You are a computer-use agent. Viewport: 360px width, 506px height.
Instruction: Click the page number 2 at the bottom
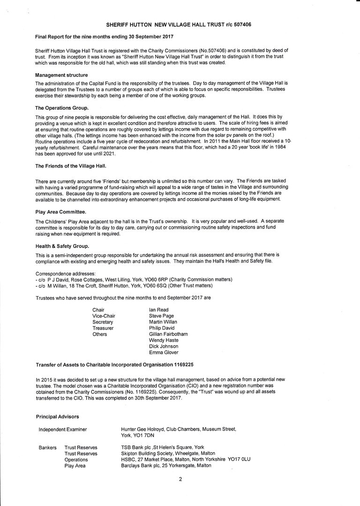[180, 479]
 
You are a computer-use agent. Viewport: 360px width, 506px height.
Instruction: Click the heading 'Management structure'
[61, 75]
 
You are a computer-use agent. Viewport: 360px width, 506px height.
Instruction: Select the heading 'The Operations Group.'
[62, 108]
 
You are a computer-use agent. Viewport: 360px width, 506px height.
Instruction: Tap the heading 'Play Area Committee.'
[60, 212]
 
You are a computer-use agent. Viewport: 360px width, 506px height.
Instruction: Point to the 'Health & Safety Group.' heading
[62, 246]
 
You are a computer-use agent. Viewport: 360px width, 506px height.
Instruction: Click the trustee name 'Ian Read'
[158, 310]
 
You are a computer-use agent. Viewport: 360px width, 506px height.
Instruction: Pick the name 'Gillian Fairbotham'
[168, 334]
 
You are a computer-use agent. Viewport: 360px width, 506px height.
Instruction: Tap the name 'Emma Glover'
[164, 352]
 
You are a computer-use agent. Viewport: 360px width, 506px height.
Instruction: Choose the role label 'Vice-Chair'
[104, 316]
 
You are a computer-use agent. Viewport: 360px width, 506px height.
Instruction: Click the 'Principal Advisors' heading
[57, 417]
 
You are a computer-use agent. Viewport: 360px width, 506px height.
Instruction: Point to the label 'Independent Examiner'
[62, 429]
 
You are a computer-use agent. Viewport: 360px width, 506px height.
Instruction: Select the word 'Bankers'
[48, 447]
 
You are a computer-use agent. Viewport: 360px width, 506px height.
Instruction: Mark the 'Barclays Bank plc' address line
[166, 466]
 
